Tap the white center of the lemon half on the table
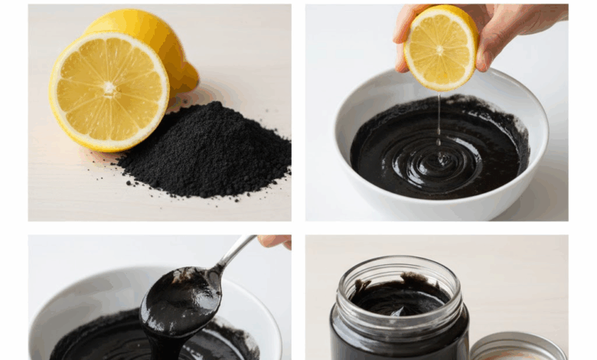click(109, 90)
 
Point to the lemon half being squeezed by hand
click(440, 47)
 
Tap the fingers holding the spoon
click(276, 241)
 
